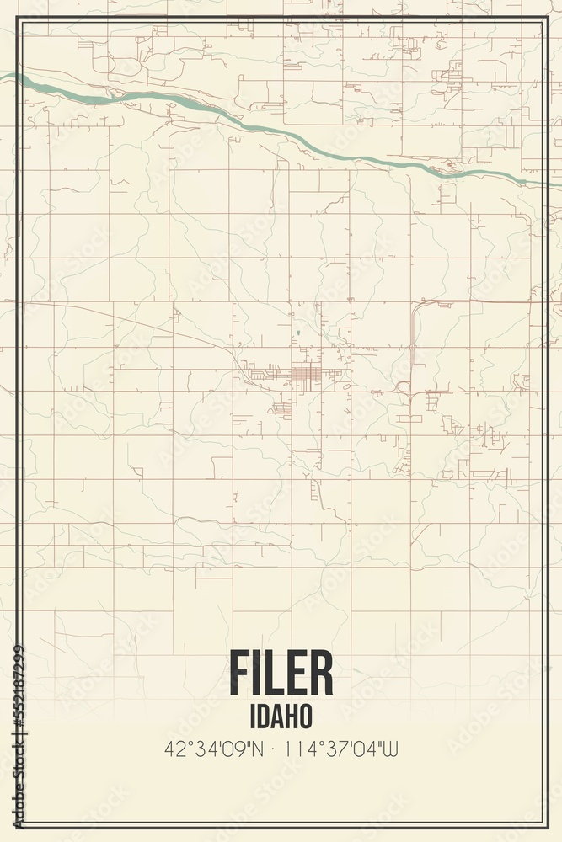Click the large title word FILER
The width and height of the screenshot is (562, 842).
coord(281,674)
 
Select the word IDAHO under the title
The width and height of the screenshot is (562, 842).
coord(281,715)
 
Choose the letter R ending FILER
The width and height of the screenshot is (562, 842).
coord(322,674)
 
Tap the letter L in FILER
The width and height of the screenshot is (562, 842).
coord(271,674)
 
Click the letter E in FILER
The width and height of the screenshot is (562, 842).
coord(295,674)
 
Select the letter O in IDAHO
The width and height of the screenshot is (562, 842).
coord(306,715)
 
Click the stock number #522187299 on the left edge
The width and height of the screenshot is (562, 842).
coord(18,703)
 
